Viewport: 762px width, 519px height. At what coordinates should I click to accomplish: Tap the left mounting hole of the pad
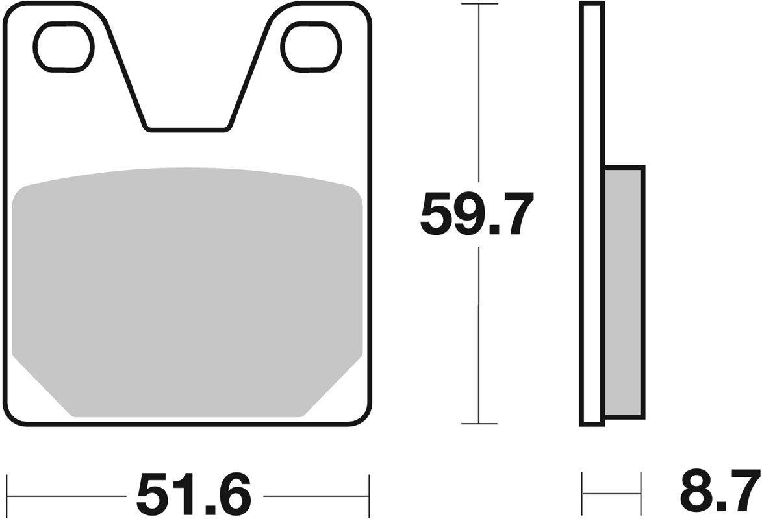(x=63, y=46)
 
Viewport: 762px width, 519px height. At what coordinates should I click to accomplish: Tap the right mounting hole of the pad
(x=310, y=46)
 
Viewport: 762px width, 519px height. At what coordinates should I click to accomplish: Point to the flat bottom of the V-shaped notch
(x=186, y=129)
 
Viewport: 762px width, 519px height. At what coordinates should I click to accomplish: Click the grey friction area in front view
(x=186, y=292)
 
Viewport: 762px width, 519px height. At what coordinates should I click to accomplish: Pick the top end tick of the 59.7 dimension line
(x=479, y=5)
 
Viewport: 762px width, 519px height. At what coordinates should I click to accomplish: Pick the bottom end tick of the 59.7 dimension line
(x=479, y=424)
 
